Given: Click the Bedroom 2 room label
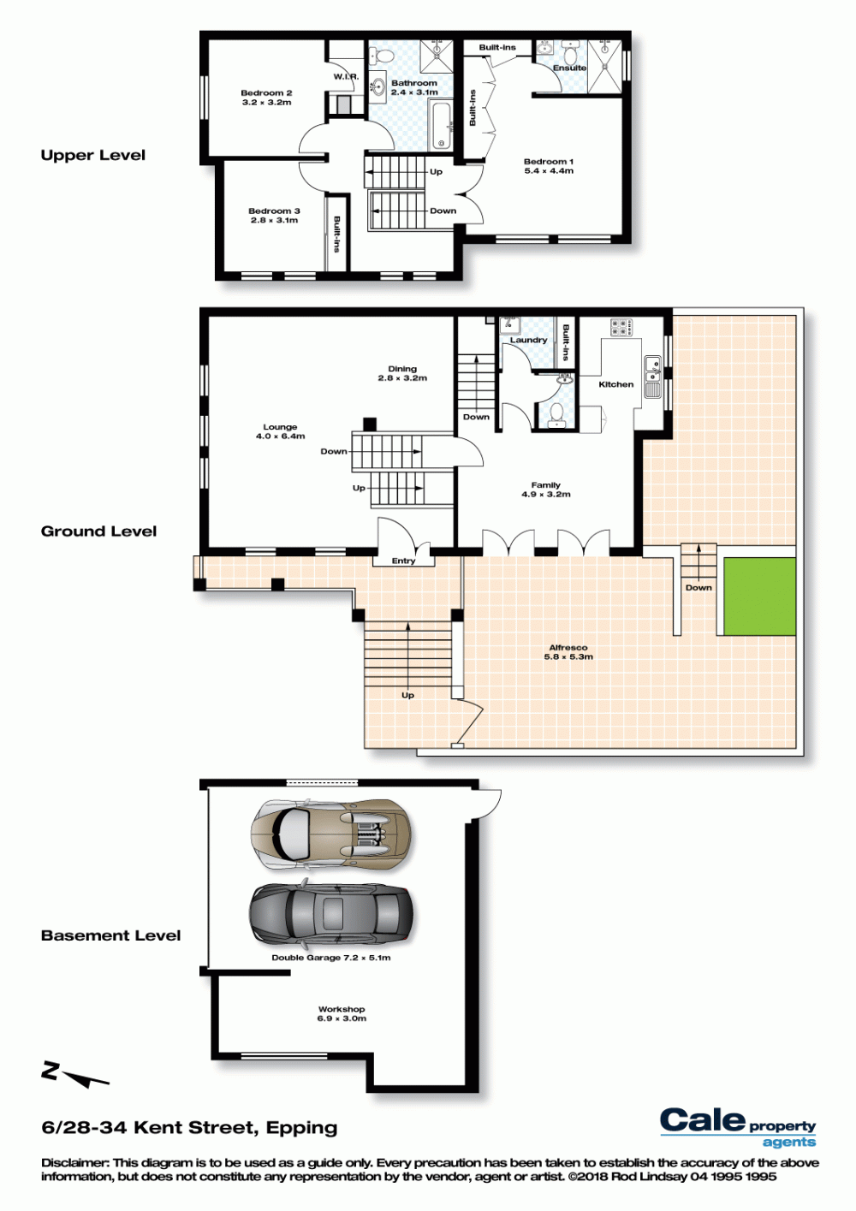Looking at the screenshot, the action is pyautogui.click(x=266, y=93).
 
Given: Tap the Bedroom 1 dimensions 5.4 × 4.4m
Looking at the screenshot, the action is pyautogui.click(x=549, y=171).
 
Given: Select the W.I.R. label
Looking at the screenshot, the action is pyautogui.click(x=346, y=77).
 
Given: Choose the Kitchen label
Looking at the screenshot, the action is pyautogui.click(x=616, y=384).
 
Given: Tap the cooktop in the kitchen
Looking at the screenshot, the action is pyautogui.click(x=621, y=327).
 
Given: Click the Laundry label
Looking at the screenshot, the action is pyautogui.click(x=528, y=340).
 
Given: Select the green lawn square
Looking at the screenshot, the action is pyautogui.click(x=760, y=597).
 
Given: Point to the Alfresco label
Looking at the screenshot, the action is pyautogui.click(x=568, y=648).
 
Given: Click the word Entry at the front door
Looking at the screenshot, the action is pyautogui.click(x=403, y=561).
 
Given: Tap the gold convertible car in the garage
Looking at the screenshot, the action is pyautogui.click(x=330, y=834).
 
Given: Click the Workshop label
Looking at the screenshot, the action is pyautogui.click(x=342, y=1009).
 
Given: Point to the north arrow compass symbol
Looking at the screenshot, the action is pyautogui.click(x=75, y=1076).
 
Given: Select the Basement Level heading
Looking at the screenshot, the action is pyautogui.click(x=111, y=935).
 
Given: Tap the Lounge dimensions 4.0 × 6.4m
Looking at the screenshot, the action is pyautogui.click(x=280, y=436).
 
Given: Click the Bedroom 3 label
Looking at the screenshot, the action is pyautogui.click(x=274, y=211).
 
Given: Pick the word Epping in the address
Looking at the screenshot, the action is pyautogui.click(x=301, y=1129).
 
